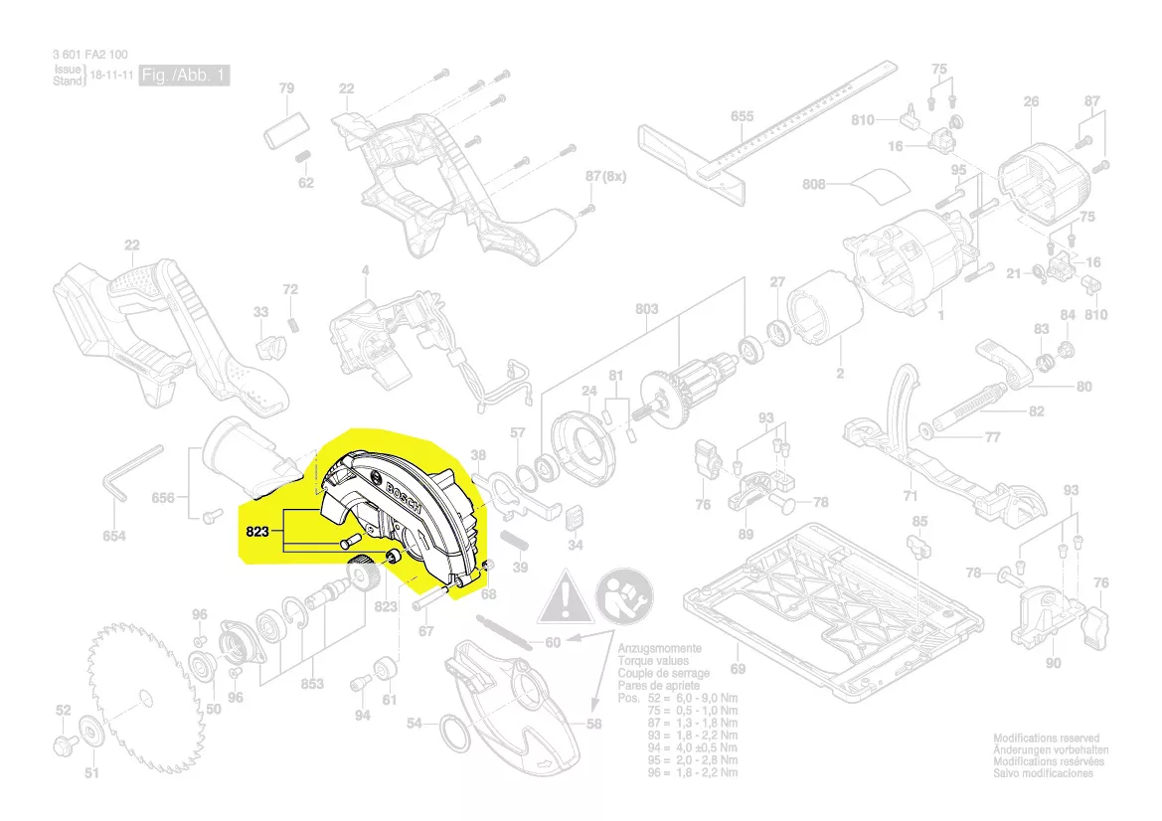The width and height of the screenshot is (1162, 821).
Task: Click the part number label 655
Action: (x=742, y=116)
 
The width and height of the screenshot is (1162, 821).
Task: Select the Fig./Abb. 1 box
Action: (x=184, y=77)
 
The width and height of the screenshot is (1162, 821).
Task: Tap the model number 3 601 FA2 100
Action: (x=90, y=56)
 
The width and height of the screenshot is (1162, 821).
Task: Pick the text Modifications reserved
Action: (x=1047, y=739)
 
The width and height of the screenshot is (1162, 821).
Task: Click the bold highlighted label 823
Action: (x=257, y=533)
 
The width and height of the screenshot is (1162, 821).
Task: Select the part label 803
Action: (x=646, y=309)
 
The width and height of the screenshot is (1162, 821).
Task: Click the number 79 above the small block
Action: (x=286, y=89)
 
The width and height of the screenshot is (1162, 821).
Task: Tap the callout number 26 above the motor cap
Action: (x=1031, y=101)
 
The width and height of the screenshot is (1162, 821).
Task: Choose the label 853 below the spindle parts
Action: (x=312, y=684)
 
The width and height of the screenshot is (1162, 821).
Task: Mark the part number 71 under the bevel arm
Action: (x=911, y=495)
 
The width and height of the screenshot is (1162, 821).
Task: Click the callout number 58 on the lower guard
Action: (x=593, y=725)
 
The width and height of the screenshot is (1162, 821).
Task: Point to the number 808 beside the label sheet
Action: (x=814, y=184)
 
